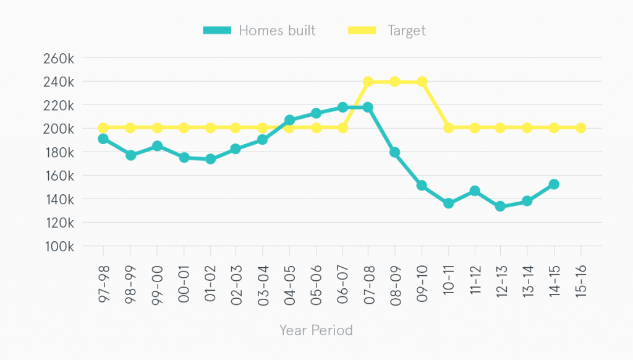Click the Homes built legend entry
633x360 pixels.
tap(260, 30)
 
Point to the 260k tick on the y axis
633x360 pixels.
tap(59, 58)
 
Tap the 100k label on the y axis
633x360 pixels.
tap(59, 246)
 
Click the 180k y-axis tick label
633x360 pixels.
tap(59, 152)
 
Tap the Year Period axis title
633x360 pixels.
tap(316, 330)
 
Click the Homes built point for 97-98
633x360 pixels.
tap(103, 139)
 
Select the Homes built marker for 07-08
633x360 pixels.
tap(368, 107)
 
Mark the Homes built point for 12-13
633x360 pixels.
tap(501, 207)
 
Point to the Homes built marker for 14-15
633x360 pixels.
tap(554, 184)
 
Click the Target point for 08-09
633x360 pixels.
tap(395, 82)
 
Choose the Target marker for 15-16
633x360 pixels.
tap(580, 128)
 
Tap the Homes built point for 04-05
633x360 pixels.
tap(289, 120)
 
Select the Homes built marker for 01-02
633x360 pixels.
tap(210, 159)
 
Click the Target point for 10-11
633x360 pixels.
tap(448, 128)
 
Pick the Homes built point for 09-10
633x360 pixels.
tap(422, 186)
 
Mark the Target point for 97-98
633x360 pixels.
tap(103, 128)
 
